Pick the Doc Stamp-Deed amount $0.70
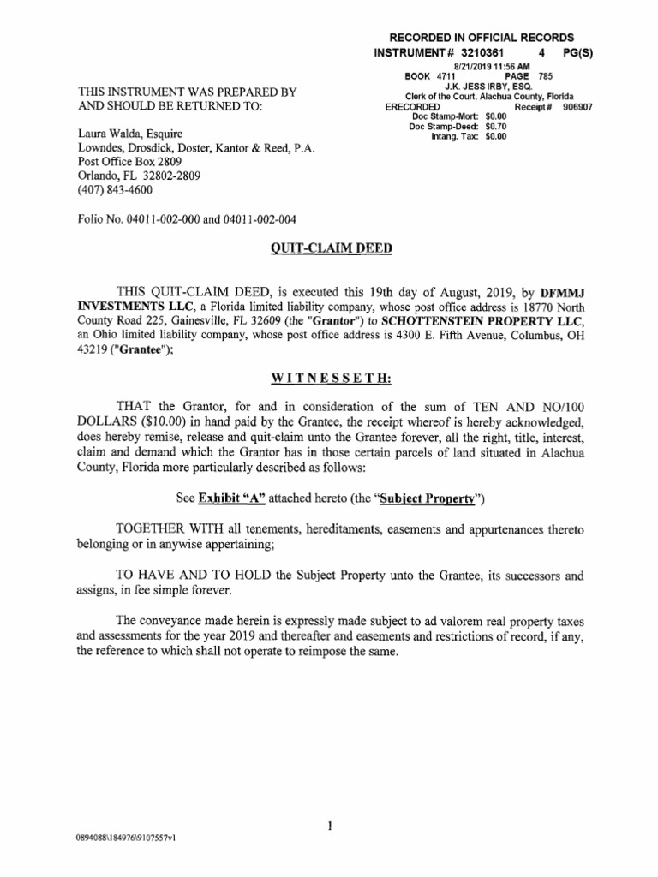496,126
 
